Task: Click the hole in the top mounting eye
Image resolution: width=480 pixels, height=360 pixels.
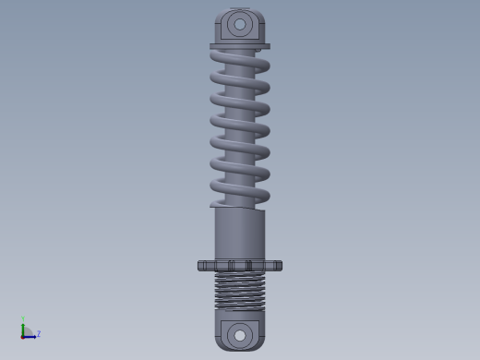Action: (x=240, y=24)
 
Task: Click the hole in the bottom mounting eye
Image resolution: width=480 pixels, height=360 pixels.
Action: (x=240, y=335)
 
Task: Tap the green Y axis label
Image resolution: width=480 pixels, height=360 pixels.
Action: (x=23, y=318)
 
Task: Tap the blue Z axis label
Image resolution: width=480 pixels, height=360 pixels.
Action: (x=39, y=333)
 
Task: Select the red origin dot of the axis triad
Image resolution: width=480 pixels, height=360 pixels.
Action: (x=22, y=337)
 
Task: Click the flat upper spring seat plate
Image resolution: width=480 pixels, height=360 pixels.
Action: (x=240, y=46)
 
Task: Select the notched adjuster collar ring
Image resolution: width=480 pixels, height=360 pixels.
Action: (x=240, y=266)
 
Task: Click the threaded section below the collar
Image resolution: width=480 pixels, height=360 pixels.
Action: (x=240, y=291)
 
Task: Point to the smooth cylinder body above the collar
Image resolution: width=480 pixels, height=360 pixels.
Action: (x=240, y=234)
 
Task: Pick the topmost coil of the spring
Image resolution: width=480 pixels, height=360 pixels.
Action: (x=240, y=62)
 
